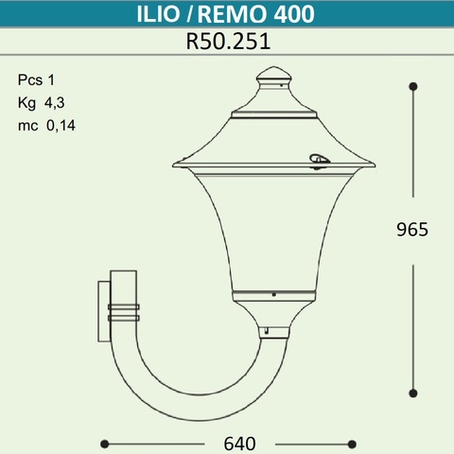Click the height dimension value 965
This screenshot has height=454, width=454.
[412, 230]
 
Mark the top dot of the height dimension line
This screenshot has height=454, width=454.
[413, 86]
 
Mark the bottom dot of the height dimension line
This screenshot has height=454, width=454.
[413, 392]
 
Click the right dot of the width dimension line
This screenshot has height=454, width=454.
[352, 443]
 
